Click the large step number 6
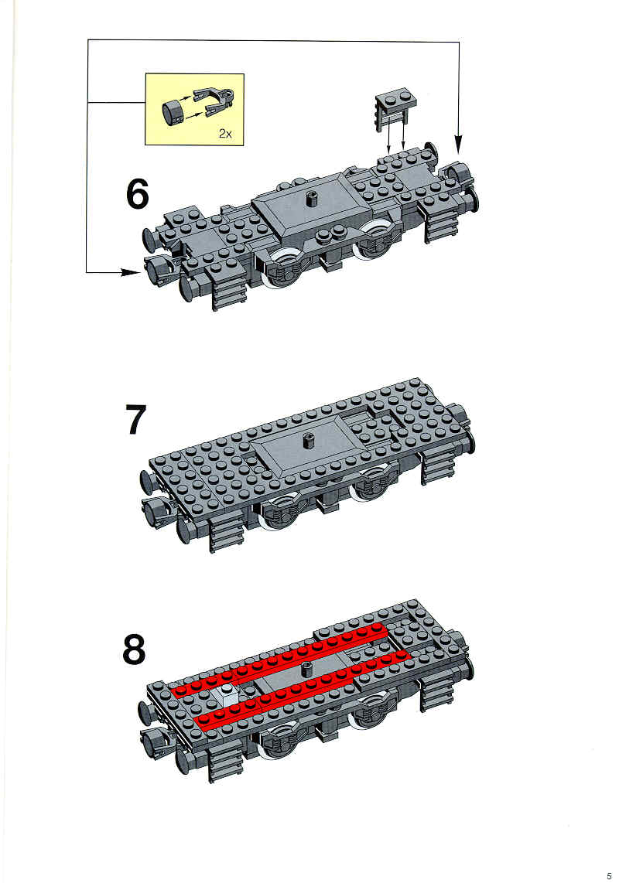[137, 193]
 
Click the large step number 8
[134, 649]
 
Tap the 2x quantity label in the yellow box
[225, 134]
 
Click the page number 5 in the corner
[608, 876]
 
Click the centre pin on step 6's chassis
[309, 199]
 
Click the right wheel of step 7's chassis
[373, 483]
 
